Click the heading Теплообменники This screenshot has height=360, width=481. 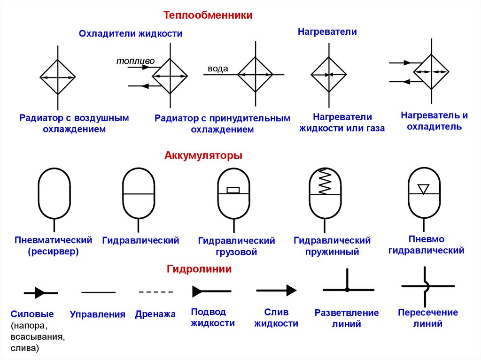tap(208, 15)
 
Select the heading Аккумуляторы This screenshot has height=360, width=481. tap(203, 155)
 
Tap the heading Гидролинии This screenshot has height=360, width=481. tap(199, 269)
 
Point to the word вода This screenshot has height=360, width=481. tap(218, 69)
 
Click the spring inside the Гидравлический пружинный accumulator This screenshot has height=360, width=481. tap(325, 182)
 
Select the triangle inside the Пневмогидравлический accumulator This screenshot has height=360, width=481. tap(424, 188)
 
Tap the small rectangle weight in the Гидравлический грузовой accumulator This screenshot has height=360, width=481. tap(233, 190)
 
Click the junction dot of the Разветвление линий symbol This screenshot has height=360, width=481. tap(347, 290)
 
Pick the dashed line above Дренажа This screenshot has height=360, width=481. tap(156, 292)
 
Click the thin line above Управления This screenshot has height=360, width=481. tap(99, 292)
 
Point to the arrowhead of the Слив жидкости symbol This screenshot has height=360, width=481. tap(291, 291)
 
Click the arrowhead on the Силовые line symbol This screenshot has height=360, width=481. tap(40, 293)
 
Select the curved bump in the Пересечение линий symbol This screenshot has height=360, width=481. tap(426, 286)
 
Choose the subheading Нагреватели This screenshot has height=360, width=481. tap(327, 32)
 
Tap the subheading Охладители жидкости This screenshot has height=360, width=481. tap(131, 34)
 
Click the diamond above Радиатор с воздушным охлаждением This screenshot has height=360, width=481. tap(58, 77)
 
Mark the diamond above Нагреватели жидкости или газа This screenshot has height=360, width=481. tap(329, 74)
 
